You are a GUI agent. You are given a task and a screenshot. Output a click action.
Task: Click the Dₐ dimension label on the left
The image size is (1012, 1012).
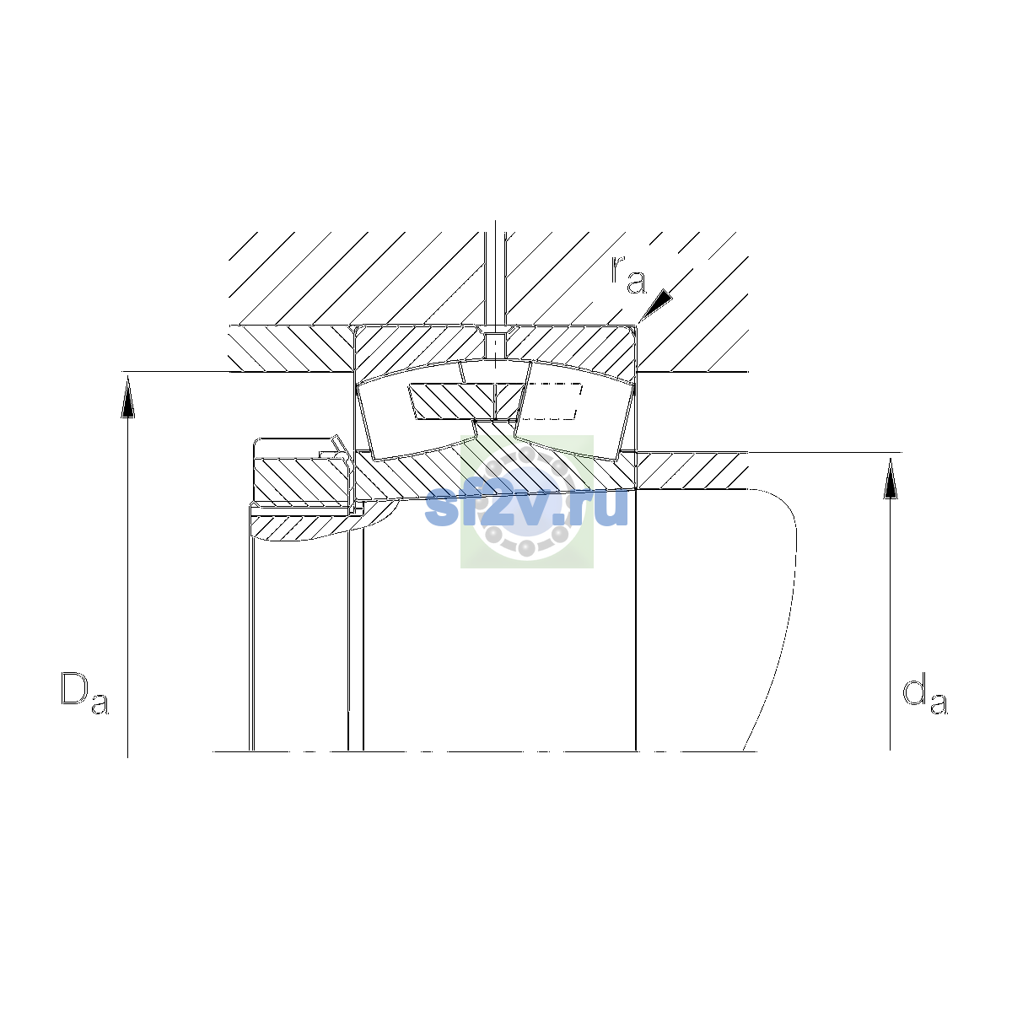84,692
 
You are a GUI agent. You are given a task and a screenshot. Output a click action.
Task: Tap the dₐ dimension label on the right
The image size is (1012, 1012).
924,696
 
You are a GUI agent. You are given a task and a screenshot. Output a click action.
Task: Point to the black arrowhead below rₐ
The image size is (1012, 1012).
656,304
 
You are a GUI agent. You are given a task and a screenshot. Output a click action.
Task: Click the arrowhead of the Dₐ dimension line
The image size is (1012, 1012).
127,398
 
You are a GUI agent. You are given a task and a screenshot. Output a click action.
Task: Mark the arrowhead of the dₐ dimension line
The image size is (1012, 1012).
890,477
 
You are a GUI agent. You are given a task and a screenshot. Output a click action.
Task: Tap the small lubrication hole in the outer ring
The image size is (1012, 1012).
495,343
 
